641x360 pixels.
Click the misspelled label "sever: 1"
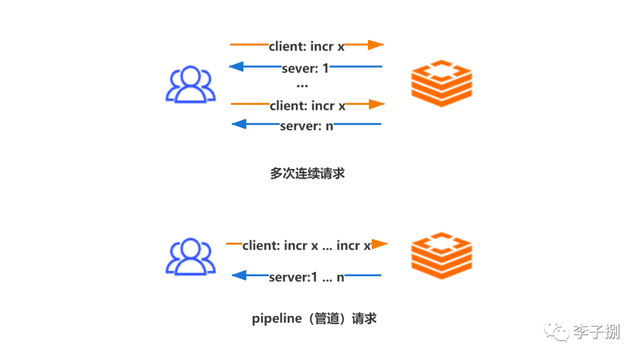coord(306,68)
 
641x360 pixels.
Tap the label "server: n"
coord(307,126)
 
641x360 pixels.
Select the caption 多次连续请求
coord(307,173)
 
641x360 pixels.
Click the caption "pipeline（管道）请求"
coord(314,318)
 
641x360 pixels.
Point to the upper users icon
coord(191,84)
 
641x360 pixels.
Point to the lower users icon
coord(191,257)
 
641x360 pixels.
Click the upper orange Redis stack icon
coord(442,84)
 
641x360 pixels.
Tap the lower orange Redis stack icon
coord(442,256)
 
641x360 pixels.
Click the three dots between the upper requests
coord(302,86)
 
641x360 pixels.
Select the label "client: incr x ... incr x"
coord(307,246)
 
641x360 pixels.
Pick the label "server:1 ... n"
coord(307,278)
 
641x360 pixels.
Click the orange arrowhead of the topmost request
coord(376,44)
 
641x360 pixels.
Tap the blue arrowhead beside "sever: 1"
coord(237,66)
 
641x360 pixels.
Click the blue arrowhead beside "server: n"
coord(239,124)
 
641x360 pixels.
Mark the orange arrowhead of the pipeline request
coord(379,244)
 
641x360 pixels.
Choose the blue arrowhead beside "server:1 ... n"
coord(239,275)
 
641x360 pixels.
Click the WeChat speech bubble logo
coord(556,332)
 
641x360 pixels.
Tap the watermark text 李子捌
coord(596,332)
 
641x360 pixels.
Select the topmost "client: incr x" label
coord(307,47)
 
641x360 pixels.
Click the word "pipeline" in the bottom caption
coord(277,318)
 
